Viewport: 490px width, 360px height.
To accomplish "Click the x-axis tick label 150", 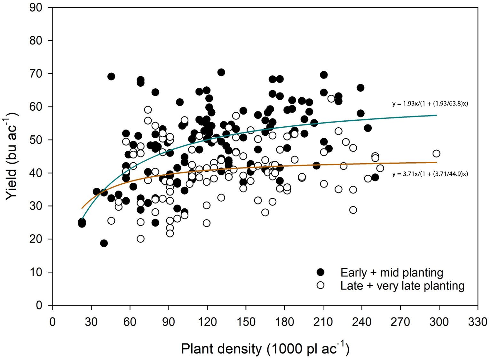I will [246, 321].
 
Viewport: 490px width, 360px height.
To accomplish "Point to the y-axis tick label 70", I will [36, 74].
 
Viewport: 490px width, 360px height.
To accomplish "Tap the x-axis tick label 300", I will [439, 321].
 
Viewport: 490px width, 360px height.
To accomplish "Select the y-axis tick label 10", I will [36, 272].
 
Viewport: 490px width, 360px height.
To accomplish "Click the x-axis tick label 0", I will [52, 321].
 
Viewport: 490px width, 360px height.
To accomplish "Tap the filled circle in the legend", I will [320, 272].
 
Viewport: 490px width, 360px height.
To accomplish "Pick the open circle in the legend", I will [320, 285].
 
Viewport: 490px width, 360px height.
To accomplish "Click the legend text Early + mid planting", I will [391, 272].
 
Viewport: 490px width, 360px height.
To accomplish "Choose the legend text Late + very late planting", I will [402, 285].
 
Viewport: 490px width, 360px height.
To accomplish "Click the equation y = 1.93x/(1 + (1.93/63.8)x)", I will [430, 103].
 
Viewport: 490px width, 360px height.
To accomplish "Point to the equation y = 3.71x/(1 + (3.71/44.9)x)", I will [430, 174].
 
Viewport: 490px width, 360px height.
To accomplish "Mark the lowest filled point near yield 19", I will [104, 243].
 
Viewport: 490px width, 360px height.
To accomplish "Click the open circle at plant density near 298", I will [436, 154].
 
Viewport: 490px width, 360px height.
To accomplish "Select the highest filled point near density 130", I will [221, 72].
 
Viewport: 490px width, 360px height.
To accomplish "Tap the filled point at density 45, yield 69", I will [111, 76].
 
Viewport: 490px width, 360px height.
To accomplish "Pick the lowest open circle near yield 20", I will [140, 239].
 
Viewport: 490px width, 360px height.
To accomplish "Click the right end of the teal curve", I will [437, 115].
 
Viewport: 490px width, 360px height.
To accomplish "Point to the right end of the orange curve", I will [437, 163].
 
